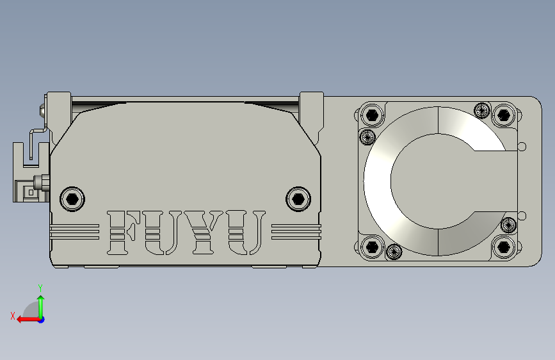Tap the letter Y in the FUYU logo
203,232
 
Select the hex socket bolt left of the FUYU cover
72,199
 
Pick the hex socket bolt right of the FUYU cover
298,199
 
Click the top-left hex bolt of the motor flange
372,115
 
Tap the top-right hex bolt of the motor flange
503,115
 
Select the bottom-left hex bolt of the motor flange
372,247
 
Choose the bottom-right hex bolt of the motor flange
503,247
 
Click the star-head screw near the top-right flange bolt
482,110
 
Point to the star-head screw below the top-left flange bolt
367,136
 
